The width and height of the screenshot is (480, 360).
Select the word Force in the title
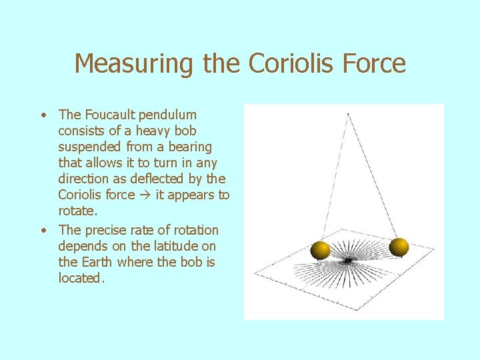click(x=375, y=64)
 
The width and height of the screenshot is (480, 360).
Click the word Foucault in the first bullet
click(x=109, y=115)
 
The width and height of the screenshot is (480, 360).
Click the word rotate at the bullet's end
click(x=77, y=211)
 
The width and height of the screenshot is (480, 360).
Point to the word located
click(x=81, y=279)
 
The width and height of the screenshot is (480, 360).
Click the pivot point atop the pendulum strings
click(x=347, y=114)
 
